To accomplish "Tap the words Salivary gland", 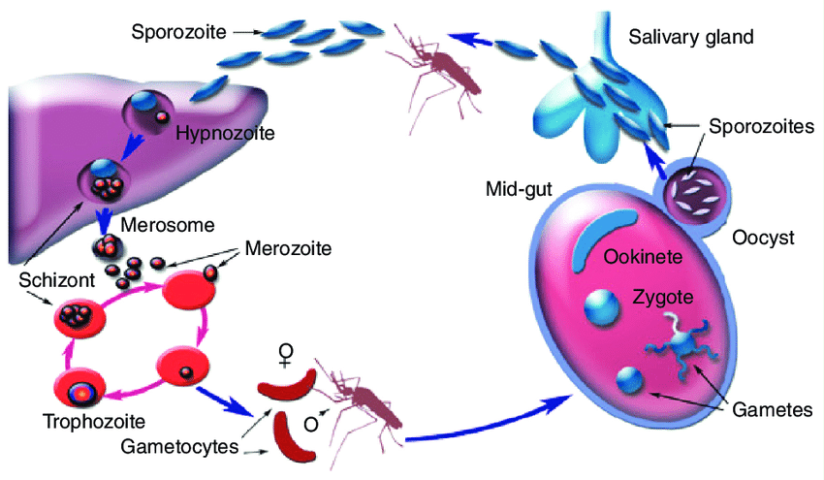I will pyautogui.click(x=690, y=37).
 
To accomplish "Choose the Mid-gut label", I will pyautogui.click(x=519, y=188).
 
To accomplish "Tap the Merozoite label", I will pyautogui.click(x=288, y=249).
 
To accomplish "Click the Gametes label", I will pyautogui.click(x=773, y=409).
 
